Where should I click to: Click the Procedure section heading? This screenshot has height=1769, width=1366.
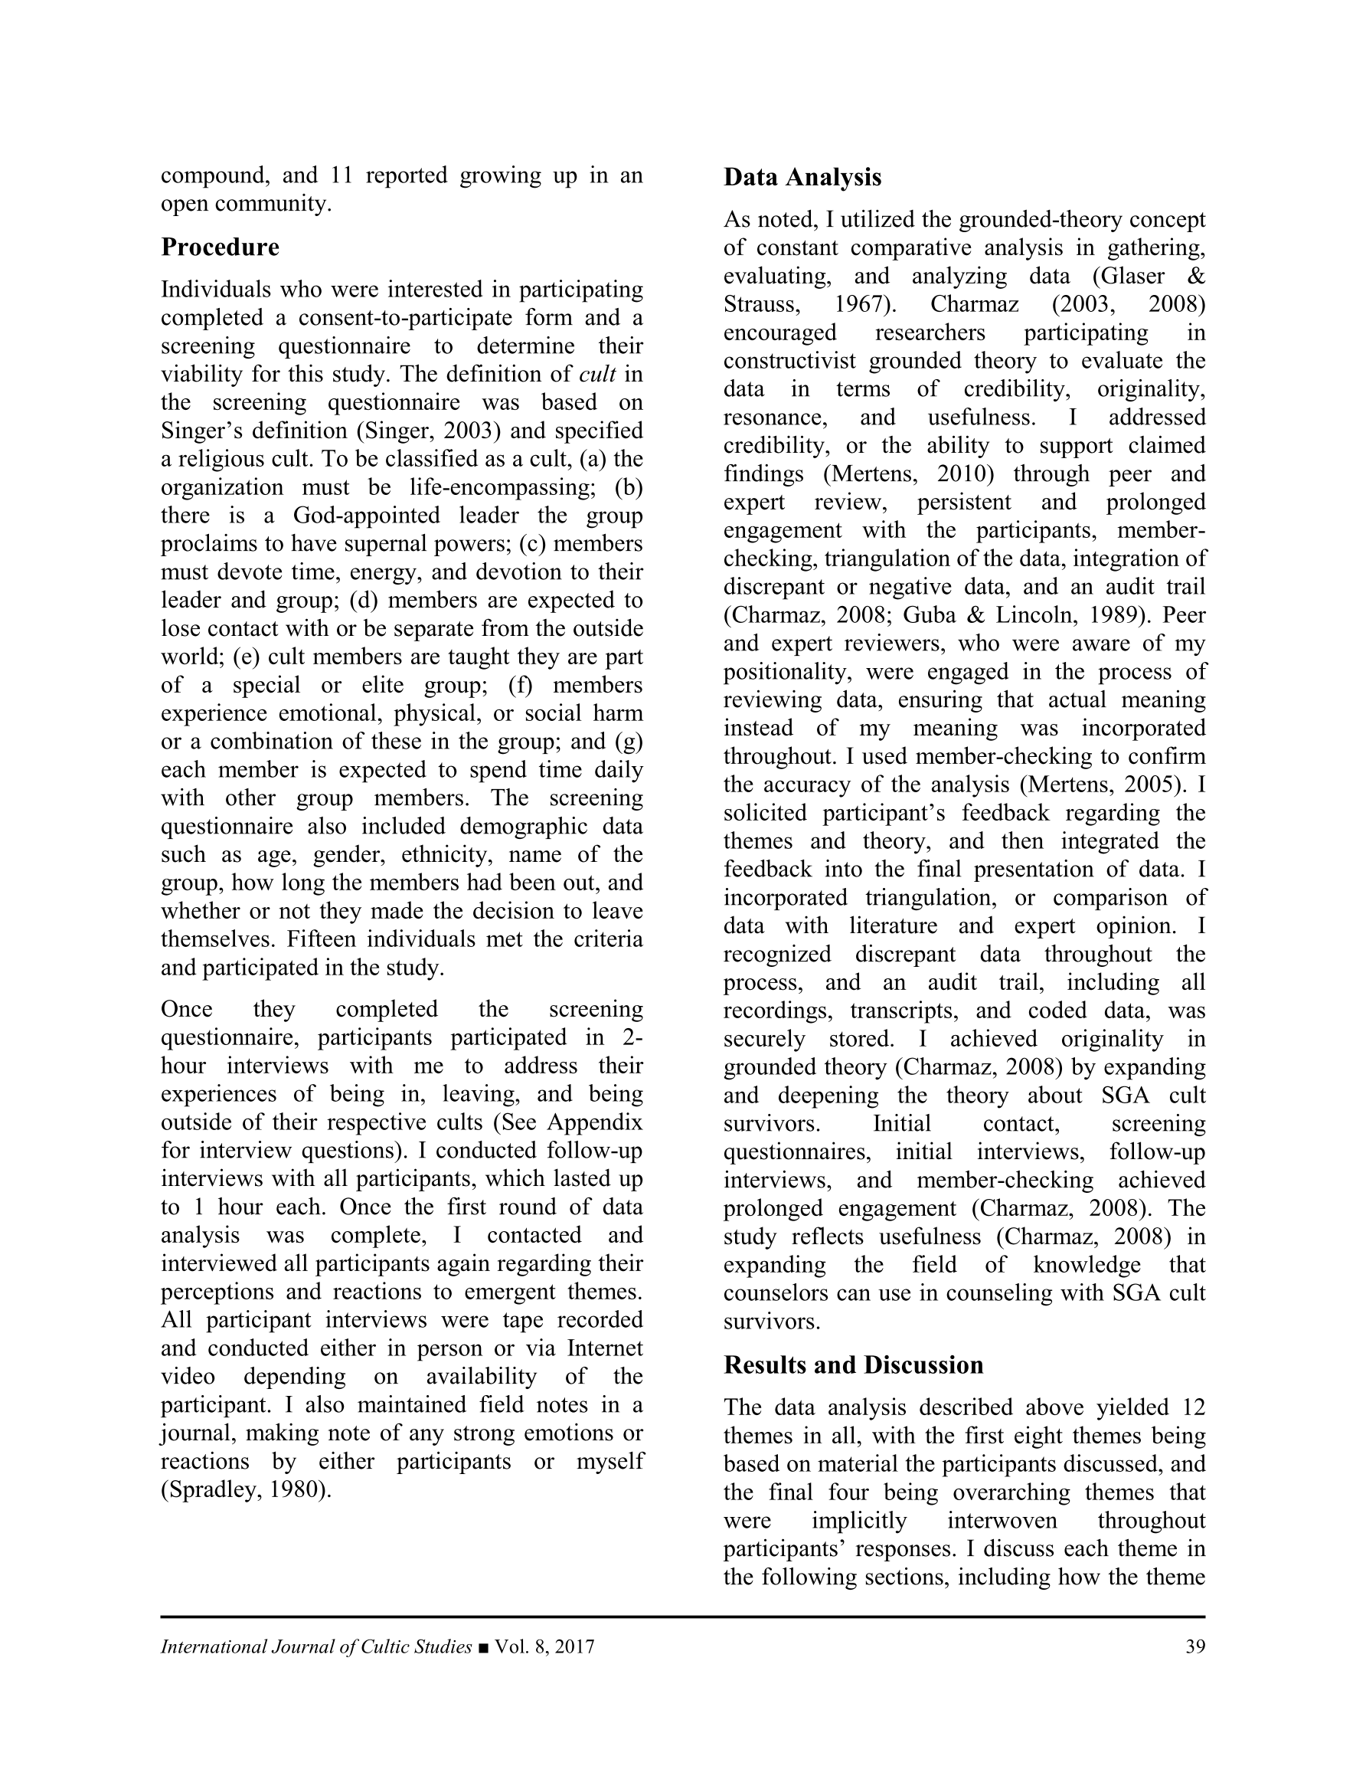(220, 247)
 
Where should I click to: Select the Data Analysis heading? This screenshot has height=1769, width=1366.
(802, 178)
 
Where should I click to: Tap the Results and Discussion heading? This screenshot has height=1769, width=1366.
(853, 1364)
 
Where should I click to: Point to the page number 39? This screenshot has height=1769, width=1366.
(1194, 1646)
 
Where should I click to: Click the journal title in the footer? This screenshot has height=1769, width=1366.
(315, 1646)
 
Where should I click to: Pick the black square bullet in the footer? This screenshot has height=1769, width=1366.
(483, 1647)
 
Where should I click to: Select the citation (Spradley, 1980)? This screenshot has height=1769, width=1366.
(246, 1489)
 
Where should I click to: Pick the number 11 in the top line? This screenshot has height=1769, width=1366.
(341, 175)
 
